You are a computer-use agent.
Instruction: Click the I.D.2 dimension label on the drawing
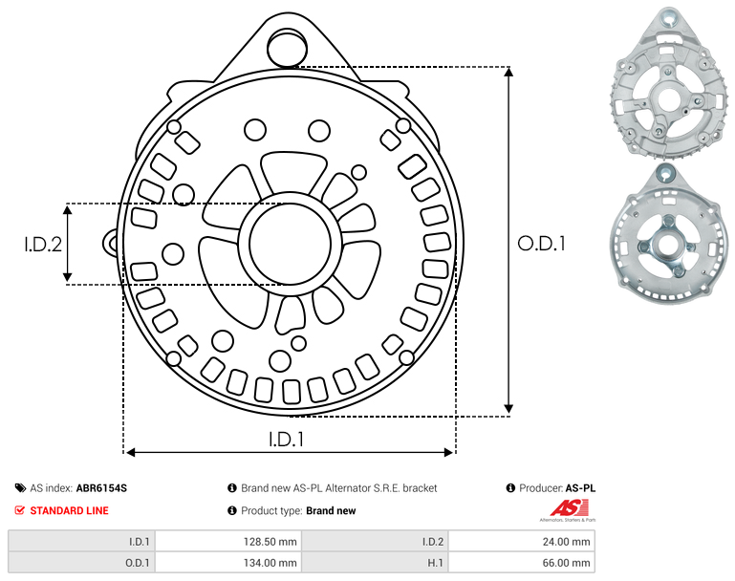tap(43, 244)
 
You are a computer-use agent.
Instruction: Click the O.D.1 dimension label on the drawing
tap(541, 243)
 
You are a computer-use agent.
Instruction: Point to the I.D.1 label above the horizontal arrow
tap(287, 440)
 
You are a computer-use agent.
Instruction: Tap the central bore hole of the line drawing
tap(291, 244)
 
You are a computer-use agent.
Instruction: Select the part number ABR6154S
tap(101, 488)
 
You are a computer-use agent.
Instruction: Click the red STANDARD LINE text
tap(70, 510)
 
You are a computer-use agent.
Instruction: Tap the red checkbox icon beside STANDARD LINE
tap(20, 510)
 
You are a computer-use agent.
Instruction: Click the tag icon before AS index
tap(20, 488)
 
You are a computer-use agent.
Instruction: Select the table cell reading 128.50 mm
tap(228, 542)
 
